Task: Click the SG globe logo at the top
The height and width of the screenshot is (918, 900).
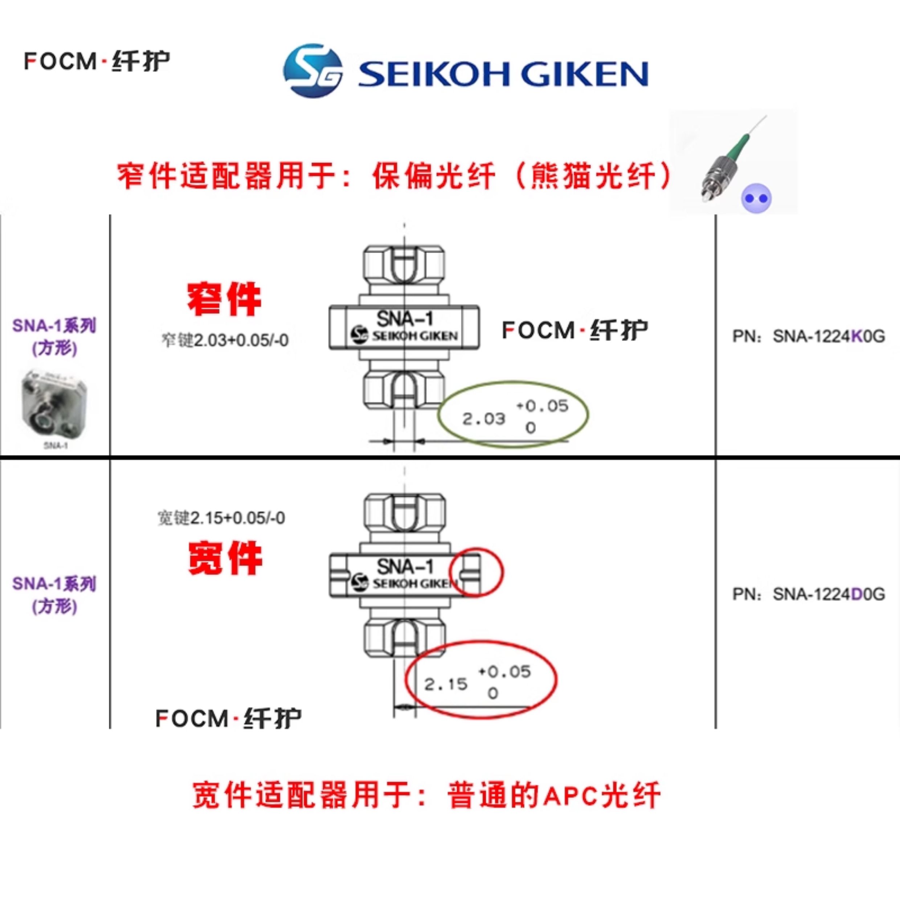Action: (313, 71)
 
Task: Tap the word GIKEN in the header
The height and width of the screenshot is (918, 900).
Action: (585, 74)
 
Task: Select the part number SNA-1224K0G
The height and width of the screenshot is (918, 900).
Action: (829, 336)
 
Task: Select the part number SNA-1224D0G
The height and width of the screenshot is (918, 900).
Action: (829, 594)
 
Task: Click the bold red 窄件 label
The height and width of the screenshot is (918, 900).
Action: (224, 299)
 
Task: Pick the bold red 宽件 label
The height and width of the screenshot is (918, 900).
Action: (225, 558)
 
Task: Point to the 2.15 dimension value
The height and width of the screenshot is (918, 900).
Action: (446, 684)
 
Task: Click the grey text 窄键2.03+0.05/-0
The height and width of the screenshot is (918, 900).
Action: (225, 340)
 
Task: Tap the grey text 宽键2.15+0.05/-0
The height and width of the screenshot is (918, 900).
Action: (221, 518)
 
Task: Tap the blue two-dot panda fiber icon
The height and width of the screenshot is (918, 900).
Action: (756, 198)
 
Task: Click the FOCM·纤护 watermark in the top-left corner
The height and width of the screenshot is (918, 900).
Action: (97, 61)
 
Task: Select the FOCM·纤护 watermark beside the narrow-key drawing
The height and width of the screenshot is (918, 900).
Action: (575, 330)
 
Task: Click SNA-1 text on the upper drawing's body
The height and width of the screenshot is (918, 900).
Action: (405, 319)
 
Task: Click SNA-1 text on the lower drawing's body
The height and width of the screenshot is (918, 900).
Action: (405, 566)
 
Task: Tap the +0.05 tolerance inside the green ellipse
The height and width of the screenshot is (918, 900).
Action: (542, 406)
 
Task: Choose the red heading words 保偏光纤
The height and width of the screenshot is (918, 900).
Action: (433, 176)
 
